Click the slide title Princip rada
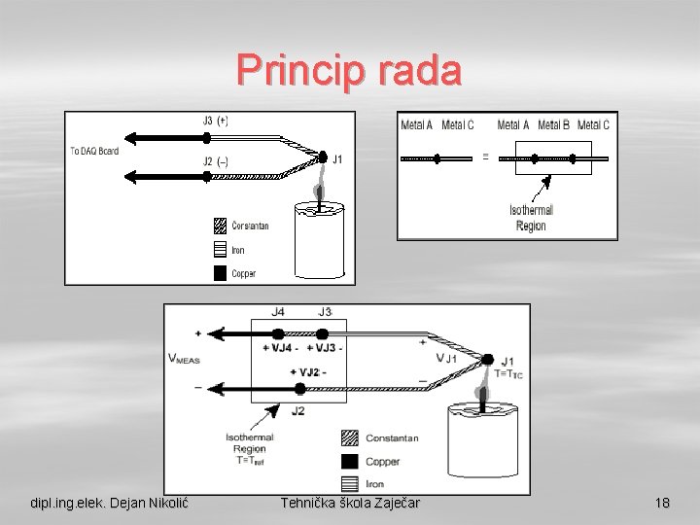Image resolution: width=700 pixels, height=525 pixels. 349,71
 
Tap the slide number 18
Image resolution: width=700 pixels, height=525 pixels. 662,504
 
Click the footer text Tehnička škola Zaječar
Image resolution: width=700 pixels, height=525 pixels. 349,504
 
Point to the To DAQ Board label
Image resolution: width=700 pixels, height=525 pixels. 94,151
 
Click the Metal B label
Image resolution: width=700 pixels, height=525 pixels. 553,124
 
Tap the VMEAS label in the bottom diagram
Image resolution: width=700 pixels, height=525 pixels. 185,359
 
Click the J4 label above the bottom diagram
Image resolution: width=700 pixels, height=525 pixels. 278,312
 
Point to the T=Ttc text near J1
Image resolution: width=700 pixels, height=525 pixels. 508,374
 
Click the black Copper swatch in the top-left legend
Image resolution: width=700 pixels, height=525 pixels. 220,273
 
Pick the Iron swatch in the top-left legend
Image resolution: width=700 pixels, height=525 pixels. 220,250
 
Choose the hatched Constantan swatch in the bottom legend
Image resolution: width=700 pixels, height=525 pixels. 349,437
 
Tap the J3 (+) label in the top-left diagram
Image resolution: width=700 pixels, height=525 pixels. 215,122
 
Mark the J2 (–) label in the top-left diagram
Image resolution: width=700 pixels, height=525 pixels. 215,161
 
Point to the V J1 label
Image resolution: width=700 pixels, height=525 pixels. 446,357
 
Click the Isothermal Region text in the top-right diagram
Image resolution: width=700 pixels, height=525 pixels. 531,218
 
